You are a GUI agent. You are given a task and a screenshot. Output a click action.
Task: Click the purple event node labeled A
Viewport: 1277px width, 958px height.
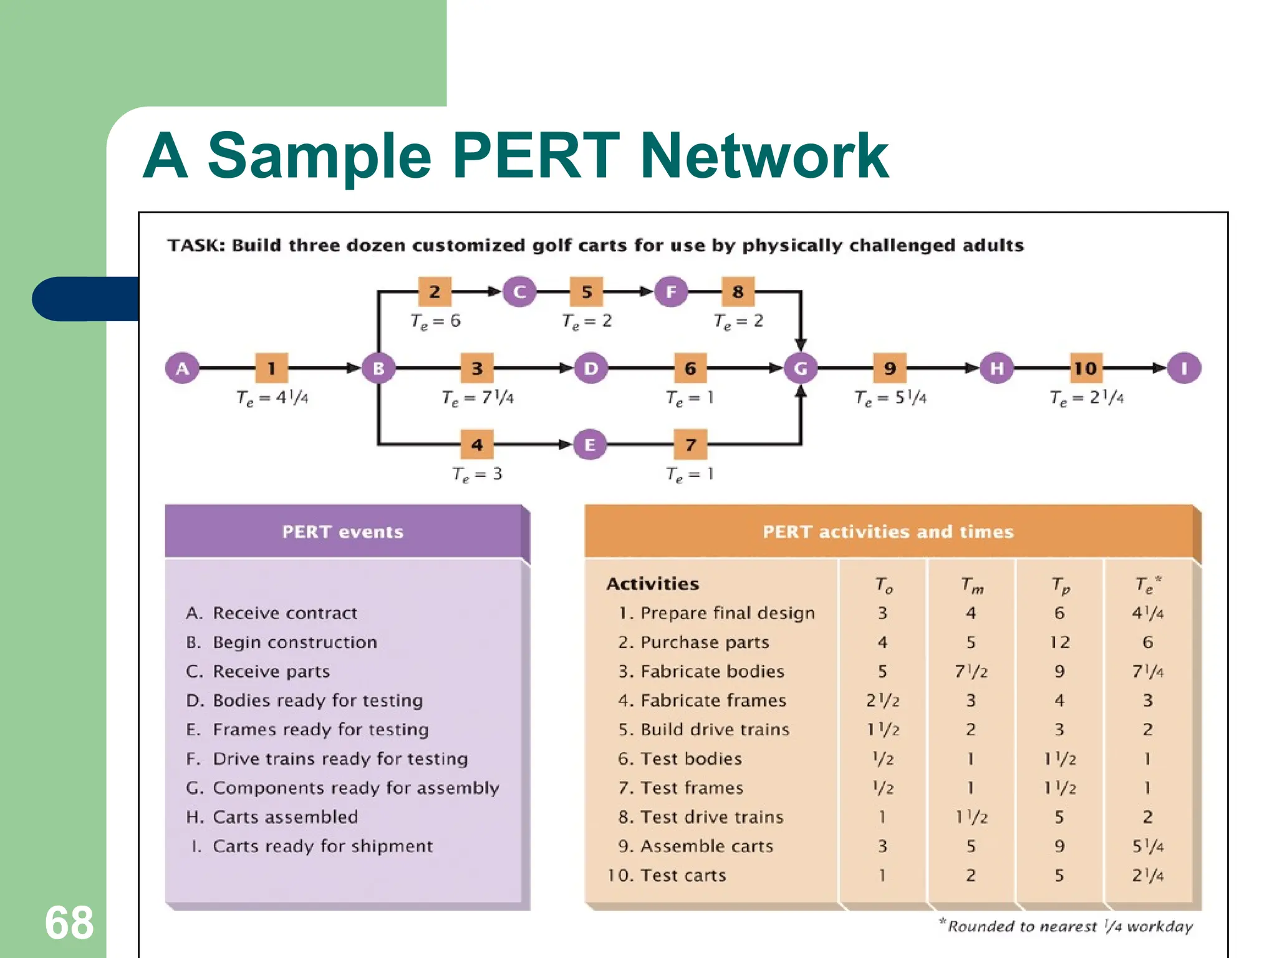[182, 368]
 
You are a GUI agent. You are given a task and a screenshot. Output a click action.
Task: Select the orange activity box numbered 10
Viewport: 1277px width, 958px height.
[1085, 368]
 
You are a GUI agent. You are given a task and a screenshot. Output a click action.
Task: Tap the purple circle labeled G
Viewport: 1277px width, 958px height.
[801, 368]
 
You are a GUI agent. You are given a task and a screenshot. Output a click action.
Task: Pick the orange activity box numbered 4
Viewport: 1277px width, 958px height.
[477, 445]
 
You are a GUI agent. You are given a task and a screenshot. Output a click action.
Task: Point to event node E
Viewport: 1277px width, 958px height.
[590, 445]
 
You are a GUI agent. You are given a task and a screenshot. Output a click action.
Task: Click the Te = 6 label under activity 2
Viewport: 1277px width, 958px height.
[435, 322]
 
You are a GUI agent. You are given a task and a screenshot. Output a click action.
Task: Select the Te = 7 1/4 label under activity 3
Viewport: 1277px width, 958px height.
[477, 398]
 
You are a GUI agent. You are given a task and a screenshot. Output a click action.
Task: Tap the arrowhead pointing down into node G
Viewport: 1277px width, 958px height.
[801, 344]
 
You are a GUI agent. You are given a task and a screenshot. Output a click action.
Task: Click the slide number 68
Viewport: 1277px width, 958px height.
[69, 923]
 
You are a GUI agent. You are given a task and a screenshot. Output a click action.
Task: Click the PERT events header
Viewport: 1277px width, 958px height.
[343, 532]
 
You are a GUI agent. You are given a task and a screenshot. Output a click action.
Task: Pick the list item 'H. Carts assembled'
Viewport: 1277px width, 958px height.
[272, 817]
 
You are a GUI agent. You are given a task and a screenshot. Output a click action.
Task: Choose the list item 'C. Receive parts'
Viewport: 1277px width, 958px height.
[258, 672]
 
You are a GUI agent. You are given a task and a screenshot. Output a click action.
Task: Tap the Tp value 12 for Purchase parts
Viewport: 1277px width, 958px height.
[1059, 642]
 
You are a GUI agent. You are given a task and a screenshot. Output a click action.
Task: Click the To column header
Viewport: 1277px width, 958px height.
[883, 585]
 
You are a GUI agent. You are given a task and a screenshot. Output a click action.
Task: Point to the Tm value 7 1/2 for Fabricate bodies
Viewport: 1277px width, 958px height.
[971, 672]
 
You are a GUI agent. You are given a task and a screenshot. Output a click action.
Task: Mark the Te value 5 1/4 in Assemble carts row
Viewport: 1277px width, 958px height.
[1147, 846]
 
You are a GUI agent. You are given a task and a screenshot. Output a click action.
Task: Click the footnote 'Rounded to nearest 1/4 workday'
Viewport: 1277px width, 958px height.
[1067, 926]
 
